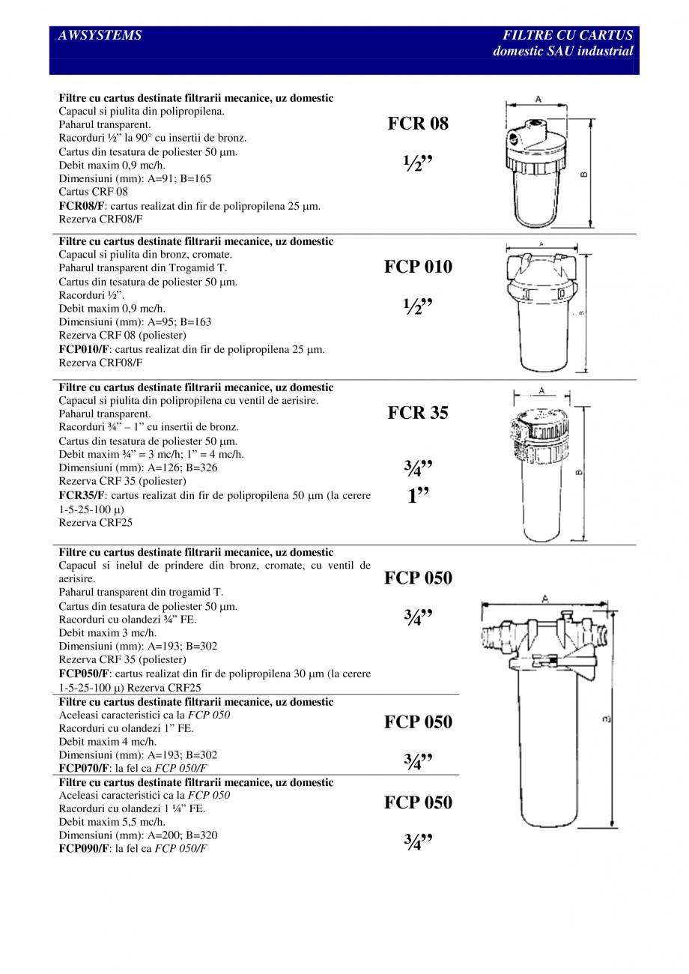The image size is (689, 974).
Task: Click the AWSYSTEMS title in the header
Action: pyautogui.click(x=100, y=35)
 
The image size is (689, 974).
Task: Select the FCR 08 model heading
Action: pyautogui.click(x=418, y=124)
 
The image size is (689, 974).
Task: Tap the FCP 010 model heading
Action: pyautogui.click(x=418, y=267)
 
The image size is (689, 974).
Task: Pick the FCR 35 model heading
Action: pyautogui.click(x=418, y=413)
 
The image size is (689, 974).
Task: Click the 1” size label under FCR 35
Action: pyautogui.click(x=418, y=497)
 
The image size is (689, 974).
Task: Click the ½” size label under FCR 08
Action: pyautogui.click(x=418, y=164)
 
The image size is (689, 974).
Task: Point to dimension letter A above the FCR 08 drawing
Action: pyautogui.click(x=539, y=98)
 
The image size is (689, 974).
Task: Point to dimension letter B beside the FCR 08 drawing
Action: pyautogui.click(x=584, y=175)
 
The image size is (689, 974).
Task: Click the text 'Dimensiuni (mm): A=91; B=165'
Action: pyautogui.click(x=135, y=178)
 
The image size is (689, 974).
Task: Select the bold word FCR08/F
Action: pyautogui.click(x=82, y=205)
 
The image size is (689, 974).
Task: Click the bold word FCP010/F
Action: pyautogui.click(x=85, y=349)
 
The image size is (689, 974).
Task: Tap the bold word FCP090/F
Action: pyautogui.click(x=85, y=848)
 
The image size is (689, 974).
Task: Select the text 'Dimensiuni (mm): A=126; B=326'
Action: pyautogui.click(x=138, y=468)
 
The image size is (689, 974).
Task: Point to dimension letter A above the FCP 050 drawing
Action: pyautogui.click(x=545, y=599)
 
